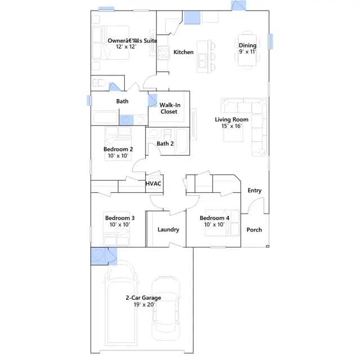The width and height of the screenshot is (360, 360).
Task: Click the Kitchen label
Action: coord(183,52)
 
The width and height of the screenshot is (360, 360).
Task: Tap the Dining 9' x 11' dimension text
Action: coord(247,51)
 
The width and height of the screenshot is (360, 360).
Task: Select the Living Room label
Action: coord(231,119)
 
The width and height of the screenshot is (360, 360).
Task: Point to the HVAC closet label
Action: coord(154,183)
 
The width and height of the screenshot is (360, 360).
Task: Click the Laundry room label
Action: coord(168,229)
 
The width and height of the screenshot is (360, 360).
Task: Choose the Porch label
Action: coord(254,229)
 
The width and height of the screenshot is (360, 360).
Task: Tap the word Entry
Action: coord(254,190)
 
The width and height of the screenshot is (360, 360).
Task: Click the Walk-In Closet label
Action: coord(169,108)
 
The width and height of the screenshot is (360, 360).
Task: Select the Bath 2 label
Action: coord(165,143)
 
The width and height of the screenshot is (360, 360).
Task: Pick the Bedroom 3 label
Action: coord(120,218)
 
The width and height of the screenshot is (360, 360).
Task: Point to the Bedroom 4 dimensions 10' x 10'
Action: coord(214,224)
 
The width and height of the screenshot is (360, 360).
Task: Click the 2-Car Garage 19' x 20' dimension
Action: coord(144,304)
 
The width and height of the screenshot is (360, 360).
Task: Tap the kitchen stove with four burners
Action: coord(164,53)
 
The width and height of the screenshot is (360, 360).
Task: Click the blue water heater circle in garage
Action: coord(99,255)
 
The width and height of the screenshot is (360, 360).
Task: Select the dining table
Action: coord(247,50)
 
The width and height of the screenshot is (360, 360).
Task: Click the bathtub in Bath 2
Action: coord(182,141)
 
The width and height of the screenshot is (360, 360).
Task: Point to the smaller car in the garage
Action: coord(166,309)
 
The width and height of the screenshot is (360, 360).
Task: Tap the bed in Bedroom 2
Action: coord(118,143)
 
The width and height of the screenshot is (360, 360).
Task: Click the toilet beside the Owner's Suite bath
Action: coord(99,83)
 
